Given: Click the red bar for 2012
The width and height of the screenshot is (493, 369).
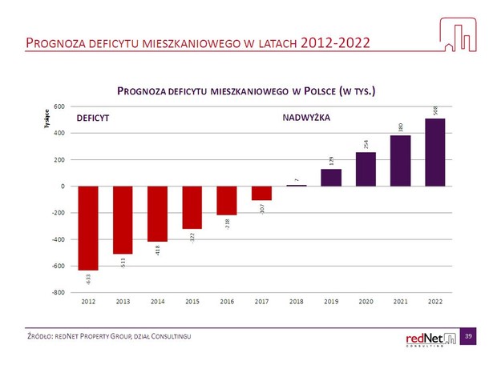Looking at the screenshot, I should click(88, 228).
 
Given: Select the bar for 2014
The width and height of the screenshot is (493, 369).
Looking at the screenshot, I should click(158, 214).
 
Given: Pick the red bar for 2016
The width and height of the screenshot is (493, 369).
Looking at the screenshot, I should click(227, 200).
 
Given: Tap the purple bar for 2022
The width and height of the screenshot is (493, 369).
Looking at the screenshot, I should click(434, 152).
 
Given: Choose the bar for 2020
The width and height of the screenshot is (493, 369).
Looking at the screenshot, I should click(366, 169).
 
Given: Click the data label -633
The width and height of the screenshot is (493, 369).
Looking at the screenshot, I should click(88, 279).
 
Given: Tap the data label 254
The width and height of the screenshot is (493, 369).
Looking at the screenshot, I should click(366, 144).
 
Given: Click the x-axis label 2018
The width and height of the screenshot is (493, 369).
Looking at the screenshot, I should click(296, 302).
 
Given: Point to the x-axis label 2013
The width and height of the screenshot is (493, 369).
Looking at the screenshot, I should click(123, 302).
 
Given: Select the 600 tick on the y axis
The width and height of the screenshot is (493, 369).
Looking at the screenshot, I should click(59, 106).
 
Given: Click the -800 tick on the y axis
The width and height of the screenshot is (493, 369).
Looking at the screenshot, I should click(59, 292).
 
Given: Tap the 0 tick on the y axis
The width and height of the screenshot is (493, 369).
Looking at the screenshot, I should click(63, 187).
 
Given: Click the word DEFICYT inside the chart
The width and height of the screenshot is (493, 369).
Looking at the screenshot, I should click(92, 118).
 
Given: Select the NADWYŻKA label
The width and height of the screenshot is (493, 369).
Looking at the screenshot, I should click(307, 118).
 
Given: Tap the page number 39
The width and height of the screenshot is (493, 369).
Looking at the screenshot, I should click(468, 339).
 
